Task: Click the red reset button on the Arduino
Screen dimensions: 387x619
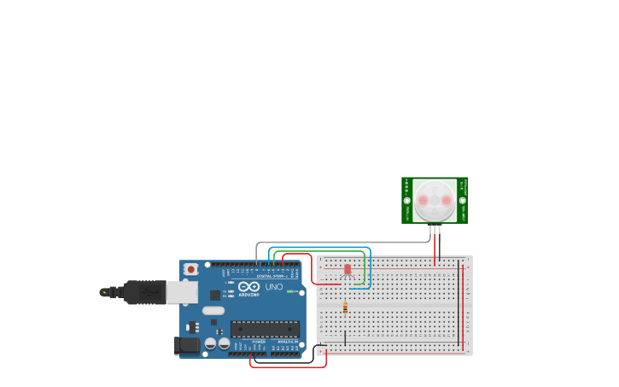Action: (191, 269)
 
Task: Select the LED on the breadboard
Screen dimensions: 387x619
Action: (347, 269)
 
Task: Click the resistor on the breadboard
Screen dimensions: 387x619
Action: (345, 308)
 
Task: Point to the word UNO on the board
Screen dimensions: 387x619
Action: (274, 287)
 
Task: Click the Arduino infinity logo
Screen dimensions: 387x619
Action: (248, 286)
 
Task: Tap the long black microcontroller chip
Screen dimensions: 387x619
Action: (265, 329)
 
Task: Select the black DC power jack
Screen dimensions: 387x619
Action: (187, 345)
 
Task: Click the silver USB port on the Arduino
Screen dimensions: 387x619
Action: (181, 292)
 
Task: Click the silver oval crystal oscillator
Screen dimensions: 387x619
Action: (213, 311)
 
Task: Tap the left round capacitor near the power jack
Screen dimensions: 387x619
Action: (210, 343)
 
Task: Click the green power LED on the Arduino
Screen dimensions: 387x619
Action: (290, 291)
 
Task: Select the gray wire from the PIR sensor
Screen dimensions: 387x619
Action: (342, 243)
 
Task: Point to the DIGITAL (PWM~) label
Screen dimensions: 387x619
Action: (272, 276)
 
